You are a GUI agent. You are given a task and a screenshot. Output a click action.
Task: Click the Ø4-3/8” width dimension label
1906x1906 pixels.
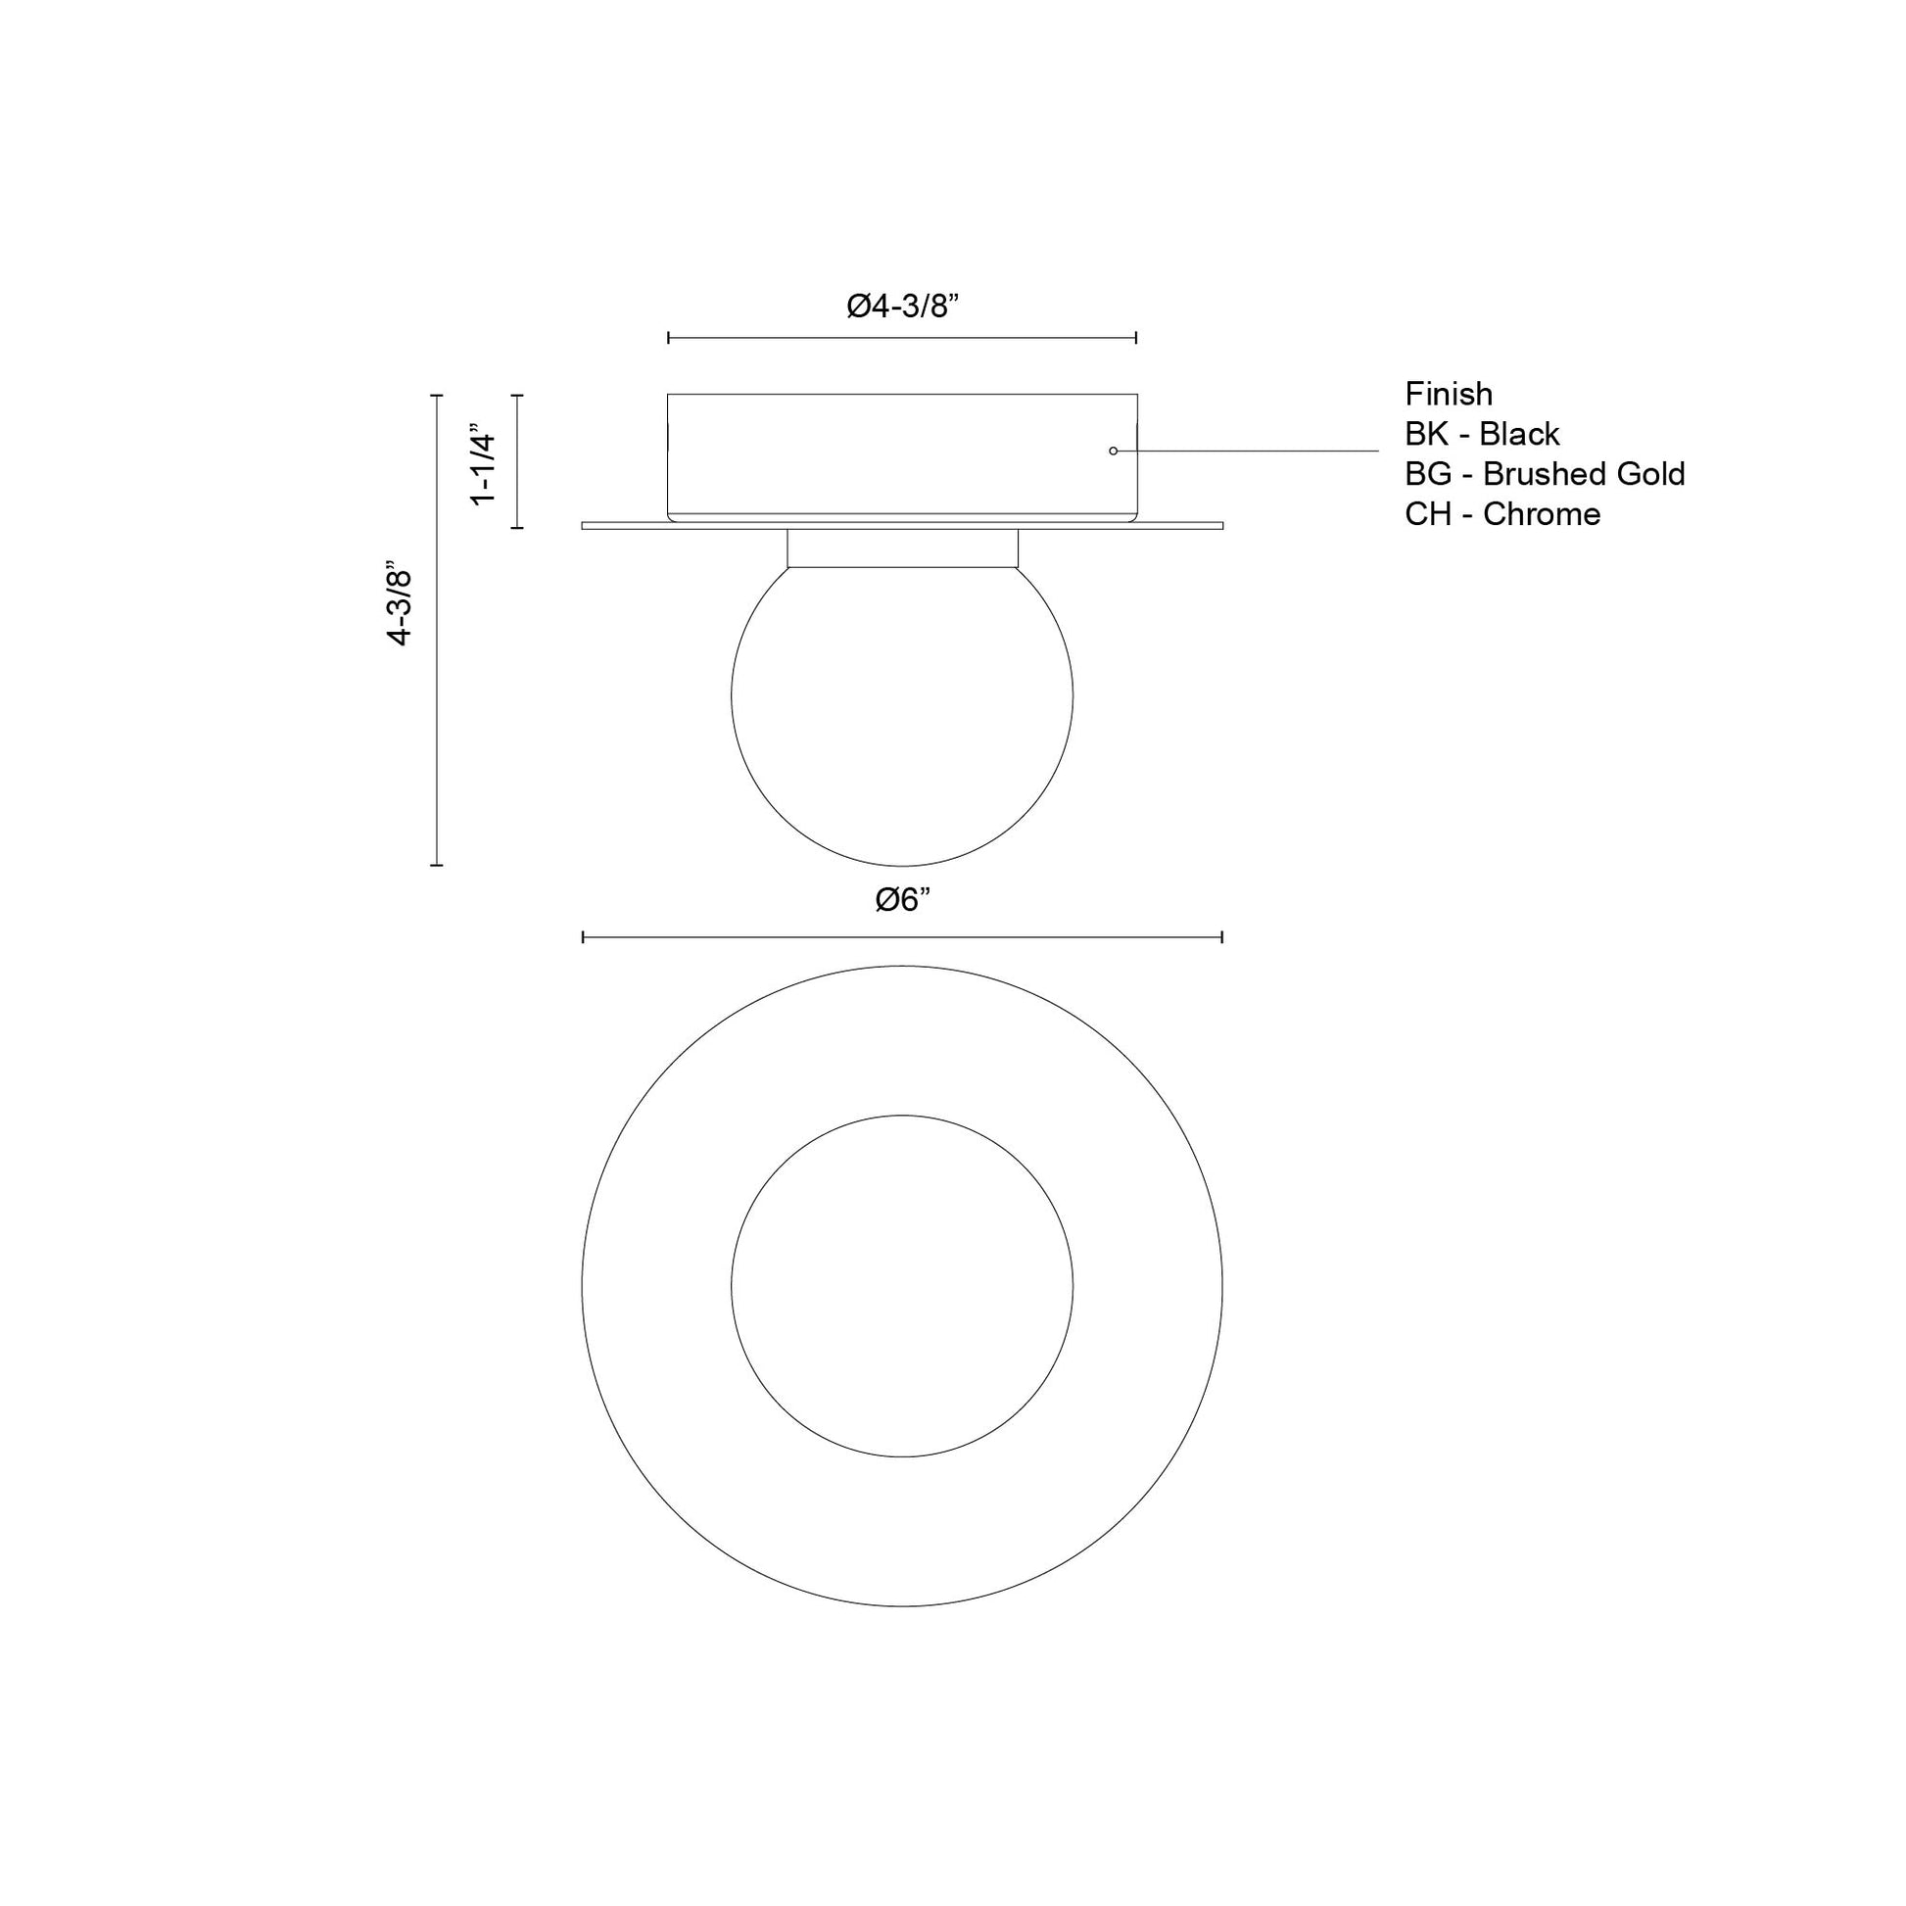[x=903, y=307]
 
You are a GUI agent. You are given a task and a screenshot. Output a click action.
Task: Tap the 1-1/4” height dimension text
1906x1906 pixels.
[x=485, y=463]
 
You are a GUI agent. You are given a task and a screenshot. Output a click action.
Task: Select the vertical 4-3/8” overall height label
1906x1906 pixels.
[x=400, y=605]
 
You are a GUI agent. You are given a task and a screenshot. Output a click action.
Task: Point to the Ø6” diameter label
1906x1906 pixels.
[x=903, y=900]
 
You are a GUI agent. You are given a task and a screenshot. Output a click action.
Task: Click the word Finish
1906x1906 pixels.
[x=1449, y=395]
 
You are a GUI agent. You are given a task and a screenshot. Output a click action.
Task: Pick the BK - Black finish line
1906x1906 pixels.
[x=1482, y=434]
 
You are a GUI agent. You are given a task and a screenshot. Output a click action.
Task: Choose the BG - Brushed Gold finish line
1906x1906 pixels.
[x=1544, y=474]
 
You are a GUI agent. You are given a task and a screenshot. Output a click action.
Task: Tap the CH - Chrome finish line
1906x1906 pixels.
[x=1501, y=514]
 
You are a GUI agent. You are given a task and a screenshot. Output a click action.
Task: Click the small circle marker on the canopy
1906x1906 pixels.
[x=1113, y=451]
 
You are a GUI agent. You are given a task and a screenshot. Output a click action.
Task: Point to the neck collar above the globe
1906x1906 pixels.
[x=902, y=548]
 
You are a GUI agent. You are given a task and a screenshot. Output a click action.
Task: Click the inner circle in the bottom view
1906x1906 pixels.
[x=902, y=1286]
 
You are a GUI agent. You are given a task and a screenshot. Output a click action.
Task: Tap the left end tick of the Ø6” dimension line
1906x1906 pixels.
[x=583, y=936]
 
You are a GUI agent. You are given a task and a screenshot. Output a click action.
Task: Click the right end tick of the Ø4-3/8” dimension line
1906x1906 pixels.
[x=1136, y=337]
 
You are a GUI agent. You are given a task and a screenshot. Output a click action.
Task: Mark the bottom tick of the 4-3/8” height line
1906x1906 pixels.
[x=437, y=865]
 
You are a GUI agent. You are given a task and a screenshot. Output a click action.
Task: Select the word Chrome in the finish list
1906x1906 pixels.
[x=1541, y=514]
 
